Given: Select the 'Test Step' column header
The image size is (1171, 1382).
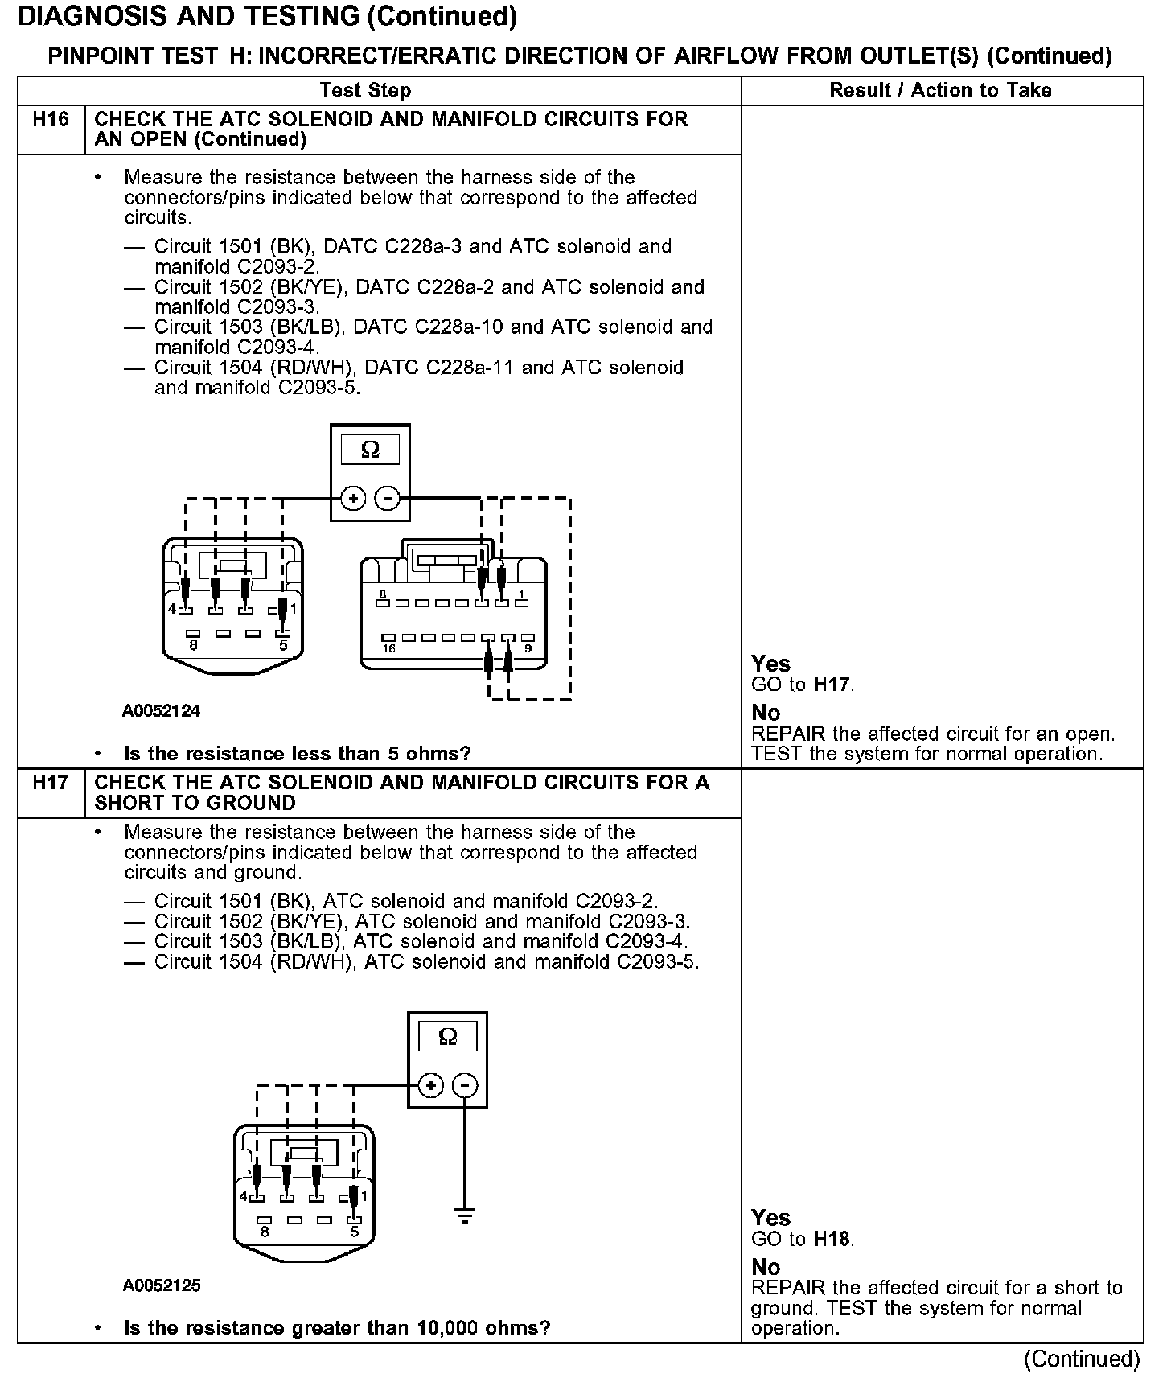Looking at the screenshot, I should click(x=365, y=91).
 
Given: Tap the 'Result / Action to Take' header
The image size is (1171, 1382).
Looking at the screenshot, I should click(x=940, y=91).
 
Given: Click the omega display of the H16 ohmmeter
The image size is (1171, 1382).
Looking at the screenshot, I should click(x=370, y=450).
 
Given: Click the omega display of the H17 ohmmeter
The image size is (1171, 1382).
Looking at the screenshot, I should click(x=448, y=1037).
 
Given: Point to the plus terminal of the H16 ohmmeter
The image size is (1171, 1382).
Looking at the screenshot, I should click(x=352, y=499).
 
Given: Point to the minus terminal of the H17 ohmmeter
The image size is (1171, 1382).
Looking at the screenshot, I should click(x=464, y=1086).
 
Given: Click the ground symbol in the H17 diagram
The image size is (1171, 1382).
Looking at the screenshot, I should click(x=464, y=1215).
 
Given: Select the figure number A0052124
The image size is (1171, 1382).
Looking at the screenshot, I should click(x=161, y=711).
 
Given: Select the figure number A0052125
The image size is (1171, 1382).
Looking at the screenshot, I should click(x=161, y=1285).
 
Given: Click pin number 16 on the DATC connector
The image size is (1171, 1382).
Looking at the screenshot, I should click(x=389, y=648).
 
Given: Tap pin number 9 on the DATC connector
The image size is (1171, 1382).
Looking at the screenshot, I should click(x=528, y=648).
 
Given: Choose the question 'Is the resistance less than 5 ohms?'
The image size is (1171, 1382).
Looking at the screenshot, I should click(x=297, y=754).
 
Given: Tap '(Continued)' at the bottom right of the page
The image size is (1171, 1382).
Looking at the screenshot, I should click(x=1082, y=1359).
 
